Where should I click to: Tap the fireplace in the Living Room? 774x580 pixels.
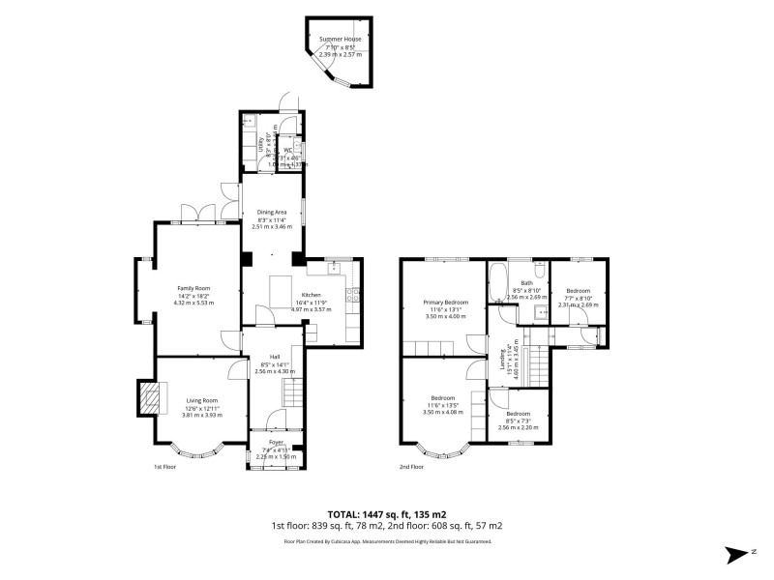tap(148, 395)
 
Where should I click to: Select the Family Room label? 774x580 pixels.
tap(193, 288)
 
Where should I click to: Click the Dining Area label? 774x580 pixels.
tap(272, 212)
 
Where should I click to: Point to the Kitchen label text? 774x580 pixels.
tap(311, 294)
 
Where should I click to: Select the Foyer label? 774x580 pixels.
tap(276, 443)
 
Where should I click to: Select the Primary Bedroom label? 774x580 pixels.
tap(445, 302)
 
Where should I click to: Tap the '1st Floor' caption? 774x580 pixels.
tap(164, 466)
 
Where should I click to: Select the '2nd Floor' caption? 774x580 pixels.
tap(412, 466)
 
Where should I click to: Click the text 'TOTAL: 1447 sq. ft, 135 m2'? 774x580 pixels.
tap(387, 514)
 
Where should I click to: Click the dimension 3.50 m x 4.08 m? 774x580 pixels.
tap(444, 412)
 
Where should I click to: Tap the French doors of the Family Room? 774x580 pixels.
tap(197, 214)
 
